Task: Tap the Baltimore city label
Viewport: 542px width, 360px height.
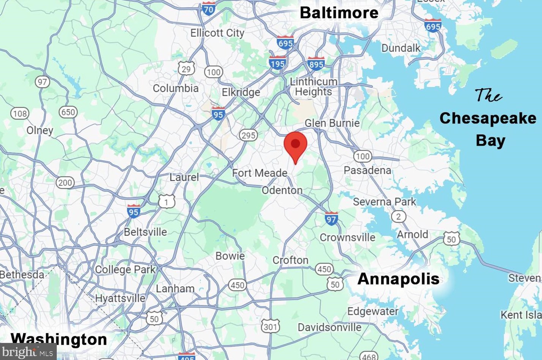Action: pos(339,13)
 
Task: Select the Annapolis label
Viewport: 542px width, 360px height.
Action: pos(398,279)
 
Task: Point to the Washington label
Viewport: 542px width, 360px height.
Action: pos(59,339)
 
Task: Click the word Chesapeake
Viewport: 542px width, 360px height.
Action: pos(488,118)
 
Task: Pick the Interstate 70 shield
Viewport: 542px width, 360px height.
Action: pos(208,8)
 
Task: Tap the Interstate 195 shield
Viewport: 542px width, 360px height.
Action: pos(277,63)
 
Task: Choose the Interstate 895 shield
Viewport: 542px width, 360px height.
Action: pos(316,64)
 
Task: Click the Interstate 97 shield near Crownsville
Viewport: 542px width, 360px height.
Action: pos(331,218)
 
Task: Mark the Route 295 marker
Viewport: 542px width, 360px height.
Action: pos(248,135)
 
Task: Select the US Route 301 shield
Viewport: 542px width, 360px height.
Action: pos(270,326)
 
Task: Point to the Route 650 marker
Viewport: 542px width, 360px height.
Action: pos(68,112)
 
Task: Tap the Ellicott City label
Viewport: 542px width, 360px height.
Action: pos(217,33)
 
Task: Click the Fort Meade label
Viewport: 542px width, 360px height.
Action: pos(260,173)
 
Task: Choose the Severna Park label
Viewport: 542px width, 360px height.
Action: pos(384,202)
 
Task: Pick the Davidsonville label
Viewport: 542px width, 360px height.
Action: pos(329,327)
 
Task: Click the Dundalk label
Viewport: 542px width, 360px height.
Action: pos(401,48)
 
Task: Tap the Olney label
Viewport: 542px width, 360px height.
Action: pos(40,130)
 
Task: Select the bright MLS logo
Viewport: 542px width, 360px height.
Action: pos(28,352)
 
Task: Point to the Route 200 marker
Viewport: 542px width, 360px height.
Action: pos(65,183)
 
